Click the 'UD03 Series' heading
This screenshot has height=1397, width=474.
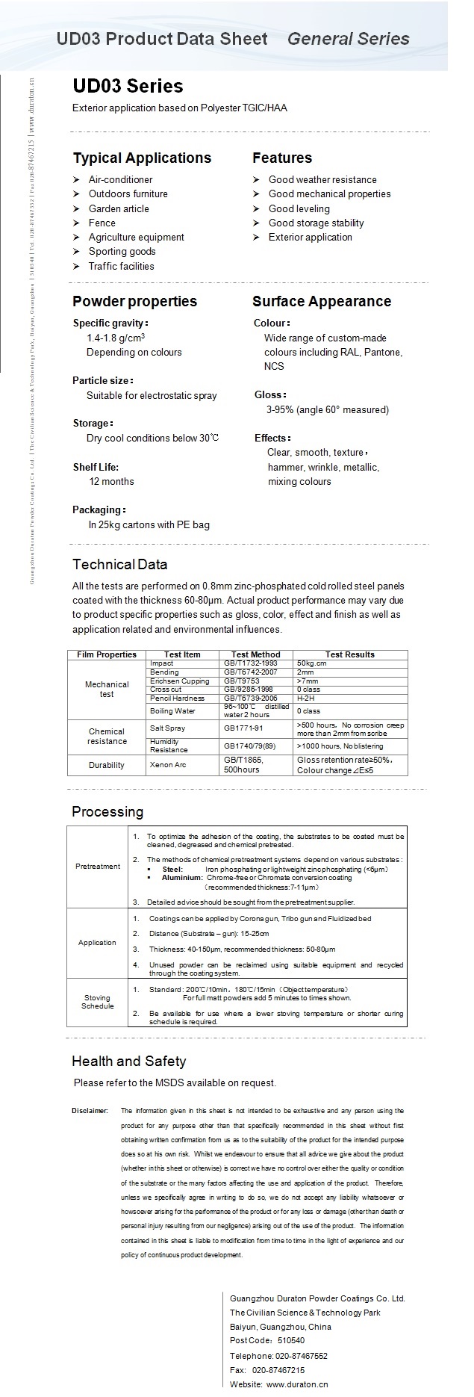pyautogui.click(x=127, y=87)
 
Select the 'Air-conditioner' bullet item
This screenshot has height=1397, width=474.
pyautogui.click(x=120, y=180)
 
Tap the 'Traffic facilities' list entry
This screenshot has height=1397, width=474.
pyautogui.click(x=121, y=267)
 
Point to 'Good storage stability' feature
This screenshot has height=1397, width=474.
pyautogui.click(x=316, y=223)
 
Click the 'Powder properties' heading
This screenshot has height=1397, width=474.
pyautogui.click(x=134, y=302)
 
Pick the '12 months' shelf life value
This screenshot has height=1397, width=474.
pyautogui.click(x=111, y=482)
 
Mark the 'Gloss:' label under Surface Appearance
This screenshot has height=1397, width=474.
pyautogui.click(x=269, y=395)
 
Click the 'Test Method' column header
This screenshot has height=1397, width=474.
pyautogui.click(x=256, y=654)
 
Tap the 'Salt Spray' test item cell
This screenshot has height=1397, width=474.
pyautogui.click(x=167, y=728)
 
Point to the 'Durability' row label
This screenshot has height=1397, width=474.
pyautogui.click(x=107, y=765)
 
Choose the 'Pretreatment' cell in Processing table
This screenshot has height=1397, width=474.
pyautogui.click(x=98, y=867)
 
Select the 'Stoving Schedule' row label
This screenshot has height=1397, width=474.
pyautogui.click(x=98, y=1002)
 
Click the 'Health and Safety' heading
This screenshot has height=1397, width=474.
pyautogui.click(x=128, y=1062)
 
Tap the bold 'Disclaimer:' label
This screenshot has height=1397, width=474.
pyautogui.click(x=90, y=1111)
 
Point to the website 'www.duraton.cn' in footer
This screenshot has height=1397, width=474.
pyautogui.click(x=297, y=1384)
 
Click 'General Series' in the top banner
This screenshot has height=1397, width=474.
pyautogui.click(x=348, y=39)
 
